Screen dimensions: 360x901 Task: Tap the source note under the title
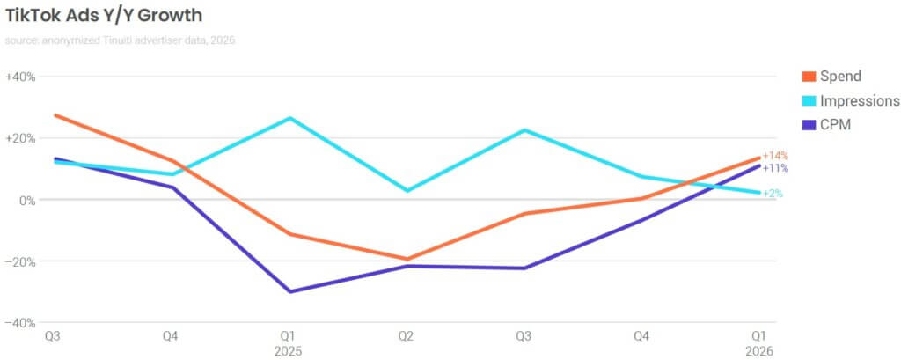(x=120, y=40)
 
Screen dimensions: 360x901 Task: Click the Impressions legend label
(x=860, y=101)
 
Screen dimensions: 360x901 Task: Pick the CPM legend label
(x=836, y=125)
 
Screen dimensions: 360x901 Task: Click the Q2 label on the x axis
(x=407, y=335)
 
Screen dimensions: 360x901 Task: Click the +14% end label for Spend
(x=775, y=156)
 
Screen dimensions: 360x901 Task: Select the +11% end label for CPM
(x=775, y=168)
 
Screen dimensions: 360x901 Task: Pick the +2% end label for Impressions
(x=773, y=194)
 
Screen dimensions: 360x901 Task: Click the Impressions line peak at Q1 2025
(x=289, y=118)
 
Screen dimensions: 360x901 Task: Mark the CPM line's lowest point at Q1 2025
(x=289, y=291)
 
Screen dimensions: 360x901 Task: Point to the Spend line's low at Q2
(x=407, y=260)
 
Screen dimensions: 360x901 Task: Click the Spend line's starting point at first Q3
(x=55, y=115)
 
